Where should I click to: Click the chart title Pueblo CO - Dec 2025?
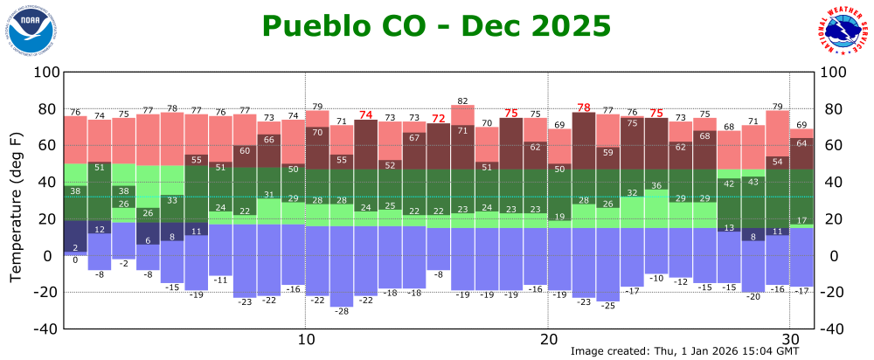436,25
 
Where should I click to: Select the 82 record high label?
463,101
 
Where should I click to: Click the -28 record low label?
342,312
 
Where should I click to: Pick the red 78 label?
583,107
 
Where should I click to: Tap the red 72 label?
439,118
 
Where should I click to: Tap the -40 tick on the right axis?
832,329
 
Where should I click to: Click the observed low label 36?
656,186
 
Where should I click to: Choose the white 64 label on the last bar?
801,143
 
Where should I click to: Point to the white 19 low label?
559,217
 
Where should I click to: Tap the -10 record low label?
656,279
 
